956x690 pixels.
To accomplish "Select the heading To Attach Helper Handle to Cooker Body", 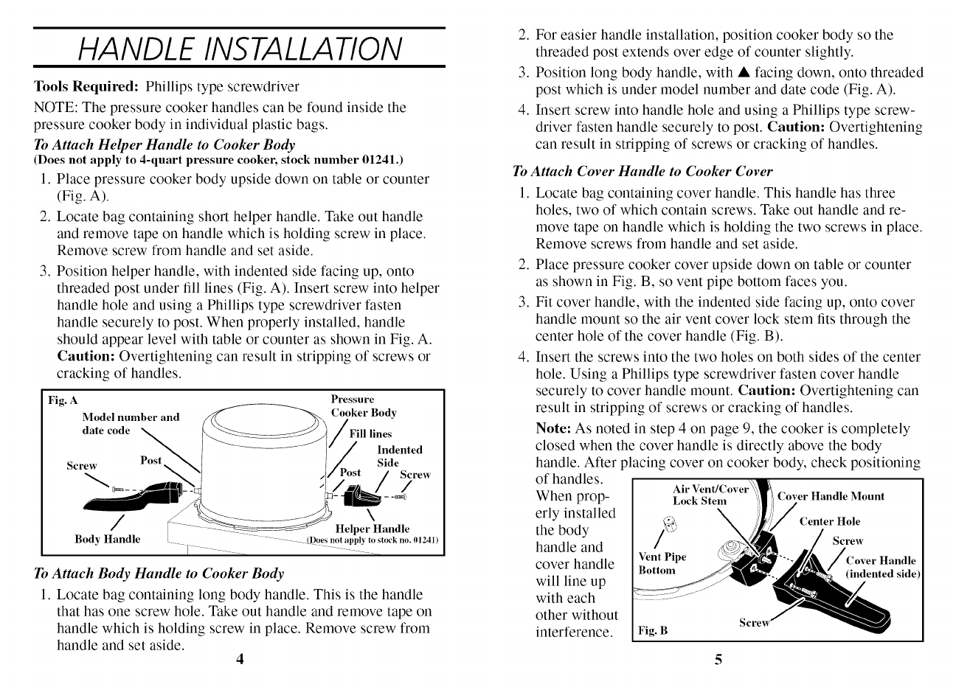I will click(164, 144).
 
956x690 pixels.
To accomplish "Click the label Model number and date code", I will click(130, 423).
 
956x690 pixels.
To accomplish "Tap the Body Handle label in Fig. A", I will click(107, 539).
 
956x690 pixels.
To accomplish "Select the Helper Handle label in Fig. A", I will click(372, 529).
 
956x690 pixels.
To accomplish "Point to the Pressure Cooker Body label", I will click(363, 406).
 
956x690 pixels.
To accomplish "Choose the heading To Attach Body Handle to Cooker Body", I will click(159, 574).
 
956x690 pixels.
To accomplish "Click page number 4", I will click(240, 659).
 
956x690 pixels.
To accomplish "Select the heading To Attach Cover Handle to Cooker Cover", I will click(642, 172).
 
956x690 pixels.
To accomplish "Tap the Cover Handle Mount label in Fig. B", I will click(831, 496).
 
